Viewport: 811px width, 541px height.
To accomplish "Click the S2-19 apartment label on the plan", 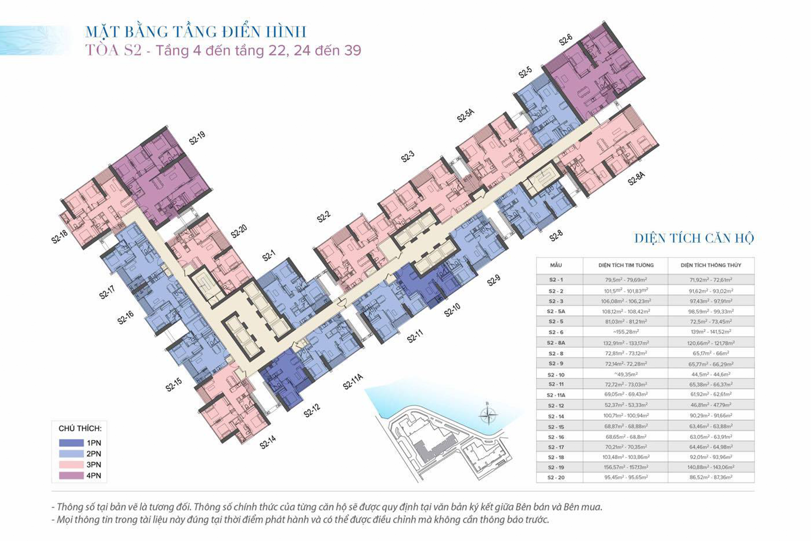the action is pos(197,138).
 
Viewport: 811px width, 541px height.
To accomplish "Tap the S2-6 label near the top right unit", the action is pos(566,40).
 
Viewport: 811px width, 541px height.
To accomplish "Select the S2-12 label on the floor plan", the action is pos(312,410).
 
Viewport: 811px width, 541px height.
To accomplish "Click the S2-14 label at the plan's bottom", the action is pos(268,442).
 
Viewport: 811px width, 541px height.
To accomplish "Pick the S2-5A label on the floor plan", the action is pos(465,115).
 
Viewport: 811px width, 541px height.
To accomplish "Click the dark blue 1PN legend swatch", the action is pos(71,443).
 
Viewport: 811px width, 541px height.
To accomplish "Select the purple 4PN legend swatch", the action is pos(71,475).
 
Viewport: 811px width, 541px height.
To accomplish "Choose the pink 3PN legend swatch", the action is pos(71,464).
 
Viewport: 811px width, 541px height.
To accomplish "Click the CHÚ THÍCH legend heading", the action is pos(80,429).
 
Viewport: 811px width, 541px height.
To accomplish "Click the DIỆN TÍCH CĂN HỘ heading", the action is pos(694,238).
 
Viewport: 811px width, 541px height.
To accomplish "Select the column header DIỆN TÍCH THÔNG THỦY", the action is pos(711,265).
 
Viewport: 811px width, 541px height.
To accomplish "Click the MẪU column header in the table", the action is pos(556,265).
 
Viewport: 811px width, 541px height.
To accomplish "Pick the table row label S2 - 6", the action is pos(556,332).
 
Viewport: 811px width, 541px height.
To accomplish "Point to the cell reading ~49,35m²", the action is pos(626,374).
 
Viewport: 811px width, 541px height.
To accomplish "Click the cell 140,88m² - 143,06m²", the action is pos(711,467).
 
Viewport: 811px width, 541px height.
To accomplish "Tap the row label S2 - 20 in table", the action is pos(556,478).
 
